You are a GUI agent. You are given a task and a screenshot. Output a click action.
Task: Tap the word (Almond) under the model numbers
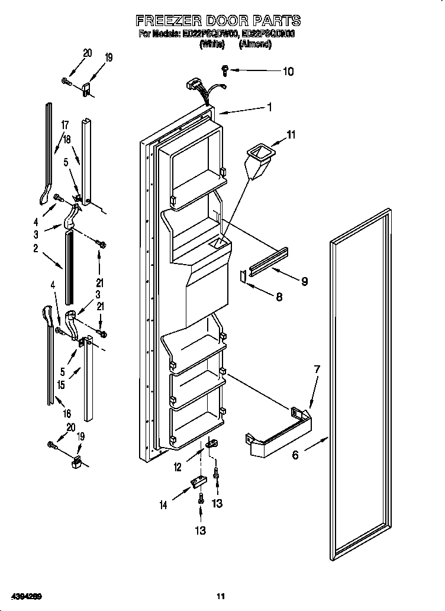255,44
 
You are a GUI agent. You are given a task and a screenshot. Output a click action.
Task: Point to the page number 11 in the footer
221,595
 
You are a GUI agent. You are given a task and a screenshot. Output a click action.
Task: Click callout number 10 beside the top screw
287,72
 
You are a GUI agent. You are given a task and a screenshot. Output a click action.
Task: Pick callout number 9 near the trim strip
304,281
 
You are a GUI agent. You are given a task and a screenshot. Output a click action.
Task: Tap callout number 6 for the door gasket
295,455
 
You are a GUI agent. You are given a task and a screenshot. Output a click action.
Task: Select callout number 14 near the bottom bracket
163,505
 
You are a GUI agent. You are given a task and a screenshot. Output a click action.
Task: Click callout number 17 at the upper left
65,125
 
